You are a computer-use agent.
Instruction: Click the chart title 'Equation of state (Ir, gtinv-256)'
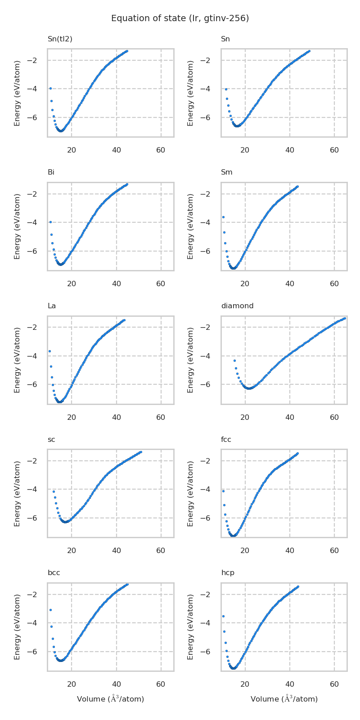click(180, 18)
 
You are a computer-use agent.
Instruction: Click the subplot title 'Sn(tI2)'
click(60, 39)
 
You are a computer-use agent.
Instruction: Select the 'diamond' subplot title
click(237, 306)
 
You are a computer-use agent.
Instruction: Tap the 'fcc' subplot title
click(226, 440)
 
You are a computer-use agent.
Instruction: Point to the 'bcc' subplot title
click(54, 573)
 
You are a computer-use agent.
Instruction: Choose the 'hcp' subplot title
click(227, 573)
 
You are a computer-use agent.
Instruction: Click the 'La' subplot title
click(52, 306)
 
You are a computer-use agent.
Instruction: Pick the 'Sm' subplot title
click(226, 172)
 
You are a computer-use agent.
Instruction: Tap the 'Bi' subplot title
click(51, 172)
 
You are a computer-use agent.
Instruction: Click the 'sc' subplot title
click(51, 440)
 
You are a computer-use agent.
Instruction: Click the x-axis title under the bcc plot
click(110, 699)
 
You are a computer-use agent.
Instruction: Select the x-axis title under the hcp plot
click(284, 699)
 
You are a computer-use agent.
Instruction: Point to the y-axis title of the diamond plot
click(190, 360)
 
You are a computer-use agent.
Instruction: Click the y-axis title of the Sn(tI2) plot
click(17, 93)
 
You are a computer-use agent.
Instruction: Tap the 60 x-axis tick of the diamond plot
click(334, 417)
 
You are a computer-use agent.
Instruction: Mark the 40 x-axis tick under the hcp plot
click(290, 684)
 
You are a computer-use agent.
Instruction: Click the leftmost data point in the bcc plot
click(50, 610)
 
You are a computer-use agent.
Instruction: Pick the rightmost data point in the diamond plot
click(344, 319)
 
